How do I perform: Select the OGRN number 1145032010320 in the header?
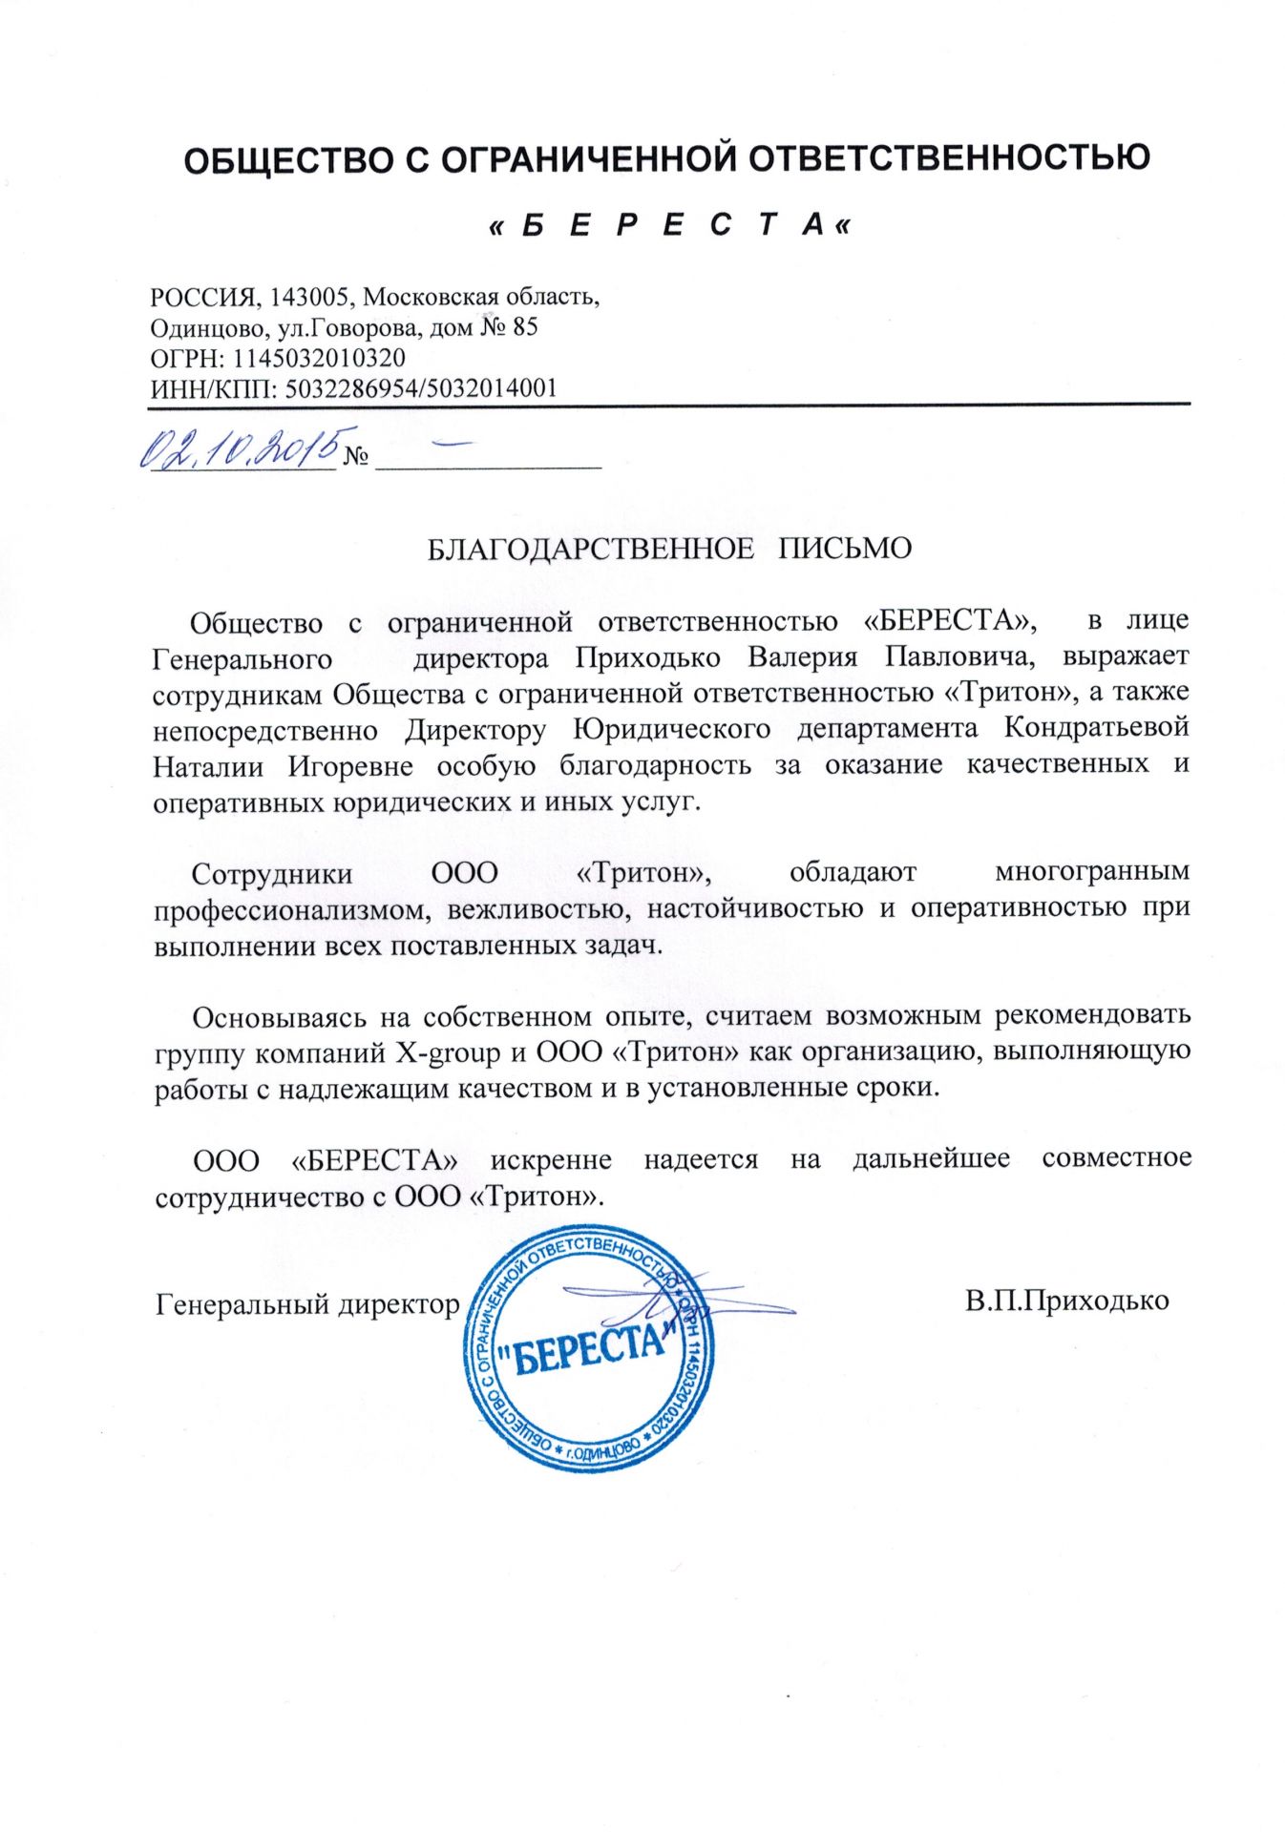(319, 359)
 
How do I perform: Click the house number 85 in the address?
(525, 327)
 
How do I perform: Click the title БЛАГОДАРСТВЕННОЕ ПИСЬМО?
(668, 549)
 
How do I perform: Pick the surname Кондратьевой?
(1097, 728)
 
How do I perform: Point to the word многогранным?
(1092, 872)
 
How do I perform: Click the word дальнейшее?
(931, 1159)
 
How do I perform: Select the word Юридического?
(671, 729)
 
